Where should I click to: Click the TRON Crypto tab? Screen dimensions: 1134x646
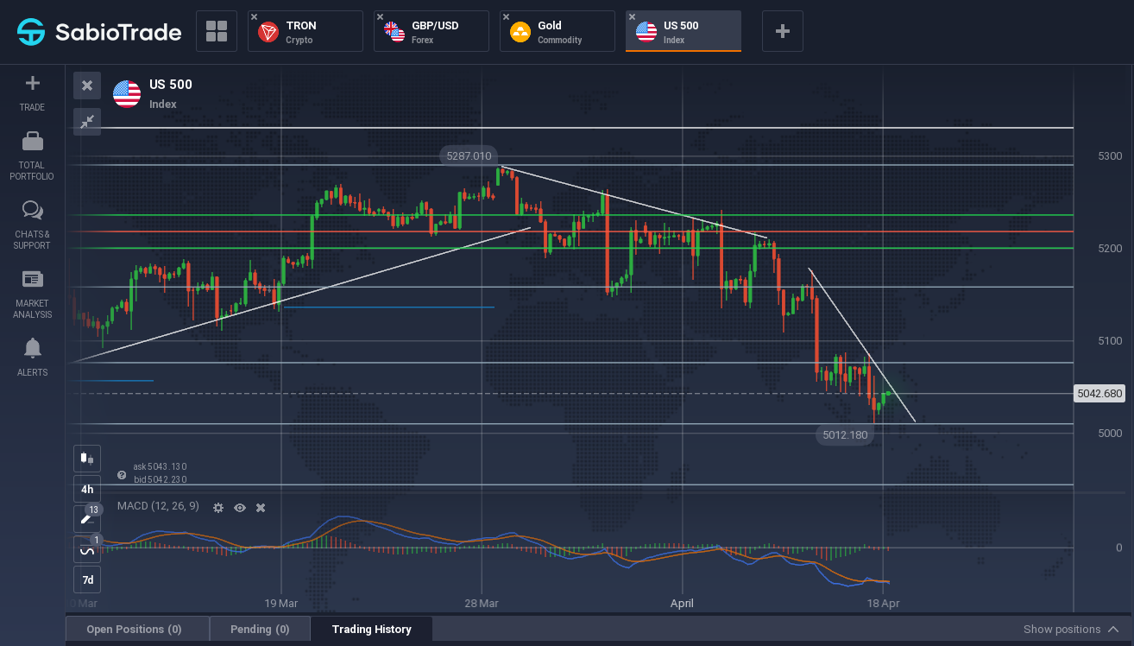click(x=306, y=31)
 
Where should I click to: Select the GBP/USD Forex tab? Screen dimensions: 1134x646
click(x=432, y=31)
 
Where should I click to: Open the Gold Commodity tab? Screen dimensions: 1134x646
click(x=558, y=31)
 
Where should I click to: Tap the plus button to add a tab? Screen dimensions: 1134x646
click(x=782, y=31)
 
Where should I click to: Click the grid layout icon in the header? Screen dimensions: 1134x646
click(x=217, y=31)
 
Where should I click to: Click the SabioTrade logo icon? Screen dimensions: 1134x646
click(x=31, y=32)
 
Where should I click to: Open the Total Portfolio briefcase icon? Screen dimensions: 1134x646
click(x=33, y=142)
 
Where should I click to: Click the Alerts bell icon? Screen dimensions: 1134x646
click(x=33, y=348)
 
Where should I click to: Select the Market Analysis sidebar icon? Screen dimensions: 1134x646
click(x=33, y=279)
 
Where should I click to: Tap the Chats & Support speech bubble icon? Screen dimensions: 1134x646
click(x=33, y=210)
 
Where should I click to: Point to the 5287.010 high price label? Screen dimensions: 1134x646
click(x=469, y=156)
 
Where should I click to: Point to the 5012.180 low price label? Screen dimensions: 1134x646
click(x=845, y=434)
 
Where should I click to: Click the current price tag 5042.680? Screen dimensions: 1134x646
click(x=1099, y=394)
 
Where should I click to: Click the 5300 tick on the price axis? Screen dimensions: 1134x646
click(x=1110, y=156)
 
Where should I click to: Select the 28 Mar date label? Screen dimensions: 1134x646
click(x=482, y=604)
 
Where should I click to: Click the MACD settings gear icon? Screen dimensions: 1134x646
click(x=218, y=508)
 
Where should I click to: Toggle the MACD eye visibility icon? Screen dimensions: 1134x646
click(x=240, y=508)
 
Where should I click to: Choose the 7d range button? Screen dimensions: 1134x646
click(x=87, y=579)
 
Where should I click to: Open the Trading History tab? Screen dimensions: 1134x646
click(x=372, y=630)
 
